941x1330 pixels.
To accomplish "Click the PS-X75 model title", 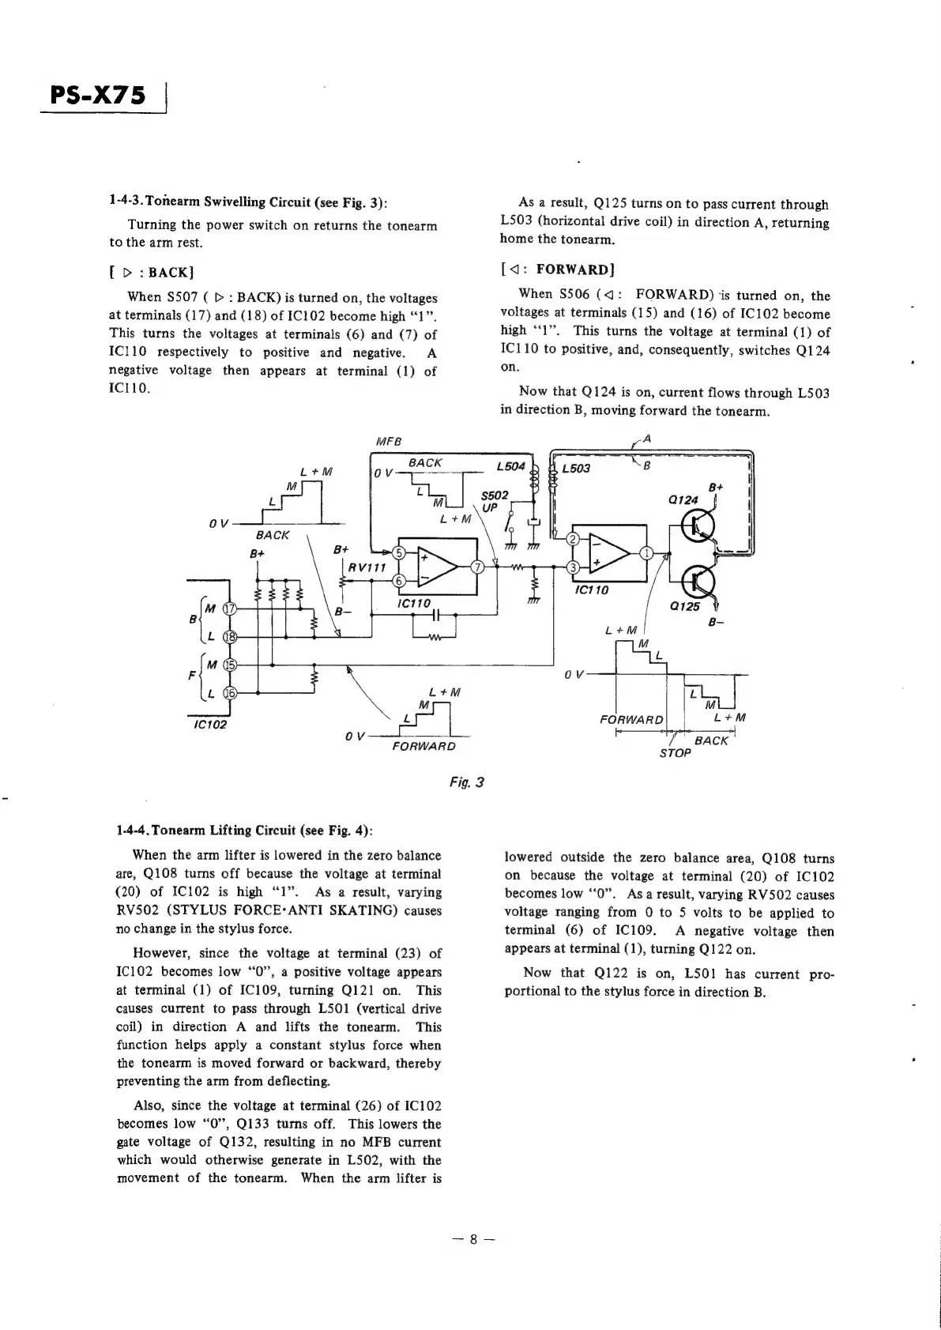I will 99,96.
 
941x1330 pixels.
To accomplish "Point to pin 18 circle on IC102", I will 230,636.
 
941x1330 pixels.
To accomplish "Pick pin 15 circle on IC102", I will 230,665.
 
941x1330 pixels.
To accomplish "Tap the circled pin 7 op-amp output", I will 477,567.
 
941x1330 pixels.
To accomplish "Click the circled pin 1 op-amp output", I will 647,552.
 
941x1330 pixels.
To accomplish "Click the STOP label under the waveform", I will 676,754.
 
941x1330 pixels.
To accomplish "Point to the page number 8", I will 472,1239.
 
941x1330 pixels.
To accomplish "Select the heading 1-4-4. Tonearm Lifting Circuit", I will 244,831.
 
